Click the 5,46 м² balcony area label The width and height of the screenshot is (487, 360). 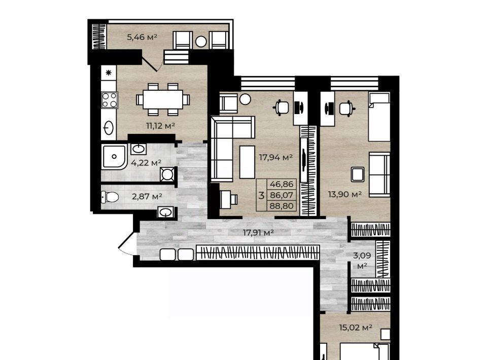coord(142,37)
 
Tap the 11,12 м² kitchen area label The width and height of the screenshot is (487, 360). coord(161,126)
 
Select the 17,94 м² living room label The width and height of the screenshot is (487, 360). coord(276,157)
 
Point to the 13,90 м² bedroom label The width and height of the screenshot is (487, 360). coord(345,194)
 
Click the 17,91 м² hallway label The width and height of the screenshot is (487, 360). coord(258,232)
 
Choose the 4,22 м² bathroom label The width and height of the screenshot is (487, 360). coord(146,163)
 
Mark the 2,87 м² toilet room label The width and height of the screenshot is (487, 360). coord(147,196)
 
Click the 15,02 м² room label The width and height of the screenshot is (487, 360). coord(356,328)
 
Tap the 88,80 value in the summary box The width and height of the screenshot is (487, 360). coord(282,206)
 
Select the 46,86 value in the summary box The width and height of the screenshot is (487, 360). coord(282,184)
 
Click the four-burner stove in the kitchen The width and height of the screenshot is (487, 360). coord(110,100)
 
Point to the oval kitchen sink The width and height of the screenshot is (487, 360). coord(109,128)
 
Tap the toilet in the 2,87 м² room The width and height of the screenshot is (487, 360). coord(110,197)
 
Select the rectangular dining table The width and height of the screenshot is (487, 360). coord(163,99)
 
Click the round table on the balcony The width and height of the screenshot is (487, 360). coord(201,42)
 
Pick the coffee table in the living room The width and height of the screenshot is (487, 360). coord(247,162)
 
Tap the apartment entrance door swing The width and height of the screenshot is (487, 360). coord(127,244)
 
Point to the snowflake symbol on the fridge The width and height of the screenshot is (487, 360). coord(109,73)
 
